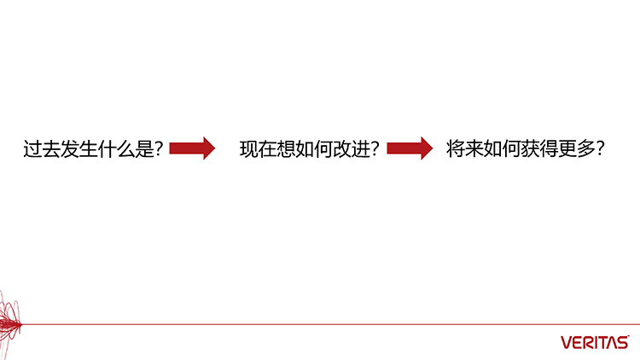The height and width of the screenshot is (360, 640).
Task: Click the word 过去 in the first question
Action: [42, 148]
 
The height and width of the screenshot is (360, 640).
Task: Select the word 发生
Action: [79, 148]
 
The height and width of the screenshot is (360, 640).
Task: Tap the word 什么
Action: [116, 148]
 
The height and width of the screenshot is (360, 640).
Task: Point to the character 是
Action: [144, 148]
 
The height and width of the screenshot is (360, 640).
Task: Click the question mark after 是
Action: [160, 148]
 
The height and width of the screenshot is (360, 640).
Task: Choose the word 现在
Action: [258, 148]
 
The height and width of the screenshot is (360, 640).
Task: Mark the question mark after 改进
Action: [375, 148]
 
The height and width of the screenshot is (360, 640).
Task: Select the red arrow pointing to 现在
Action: [192, 148]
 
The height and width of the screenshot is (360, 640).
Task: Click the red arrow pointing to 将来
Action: [410, 148]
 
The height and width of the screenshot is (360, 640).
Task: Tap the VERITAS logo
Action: [595, 342]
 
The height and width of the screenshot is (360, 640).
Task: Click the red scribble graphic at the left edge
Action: [9, 322]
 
